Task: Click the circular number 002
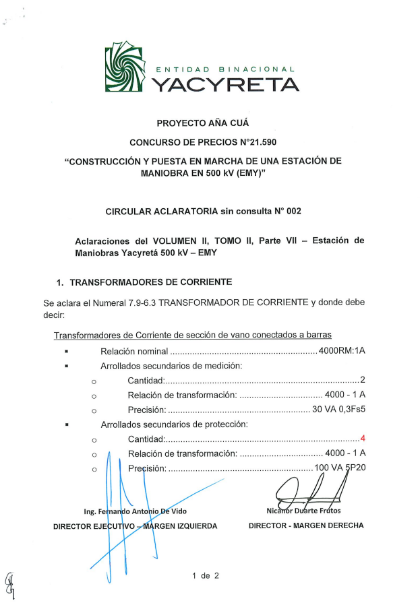(x=294, y=211)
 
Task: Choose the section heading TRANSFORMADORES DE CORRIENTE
(x=146, y=281)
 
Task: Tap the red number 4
(x=363, y=439)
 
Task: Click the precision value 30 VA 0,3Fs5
(x=338, y=410)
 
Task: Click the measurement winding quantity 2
(x=363, y=380)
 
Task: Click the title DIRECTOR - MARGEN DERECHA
(x=306, y=525)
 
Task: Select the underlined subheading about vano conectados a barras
(x=192, y=335)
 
